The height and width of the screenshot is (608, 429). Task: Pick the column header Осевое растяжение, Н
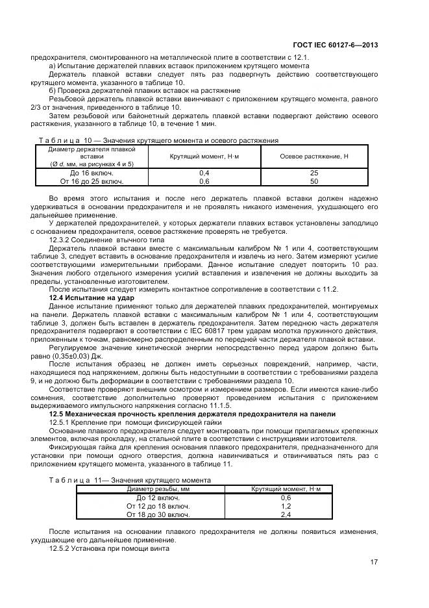[x=313, y=157]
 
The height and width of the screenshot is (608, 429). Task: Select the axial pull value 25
[x=313, y=173]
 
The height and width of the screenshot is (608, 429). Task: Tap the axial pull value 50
[x=313, y=182]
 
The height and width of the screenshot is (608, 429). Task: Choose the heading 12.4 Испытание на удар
[x=91, y=297]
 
